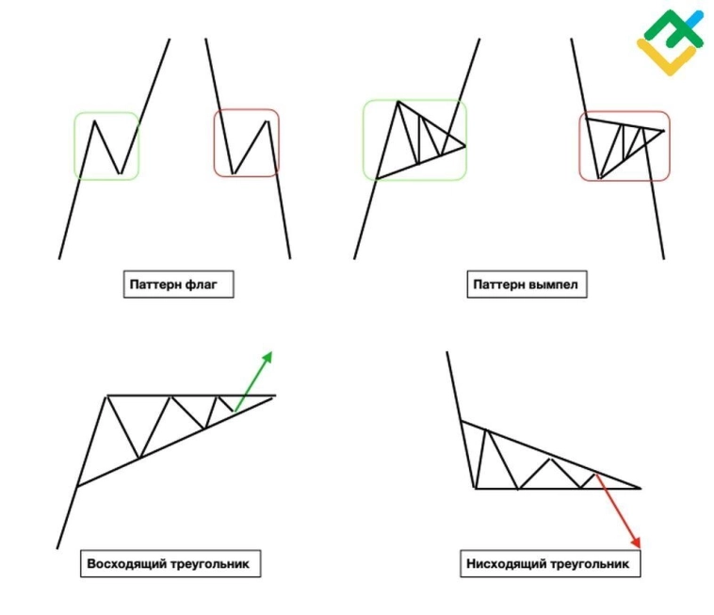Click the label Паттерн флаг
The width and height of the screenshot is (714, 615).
click(177, 284)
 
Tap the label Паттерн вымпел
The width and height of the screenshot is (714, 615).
click(527, 284)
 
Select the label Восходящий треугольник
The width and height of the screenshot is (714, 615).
click(170, 564)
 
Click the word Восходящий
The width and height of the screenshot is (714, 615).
click(127, 564)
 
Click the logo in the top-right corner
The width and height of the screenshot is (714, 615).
click(671, 41)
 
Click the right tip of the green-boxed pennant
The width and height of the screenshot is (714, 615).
click(465, 145)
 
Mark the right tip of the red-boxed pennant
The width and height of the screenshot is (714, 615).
click(664, 131)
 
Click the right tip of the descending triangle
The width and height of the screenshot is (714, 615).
click(641, 489)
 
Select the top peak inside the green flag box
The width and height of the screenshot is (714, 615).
click(94, 121)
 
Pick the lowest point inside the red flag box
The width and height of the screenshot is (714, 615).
click(233, 174)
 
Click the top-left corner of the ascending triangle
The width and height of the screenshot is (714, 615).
click(106, 396)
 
